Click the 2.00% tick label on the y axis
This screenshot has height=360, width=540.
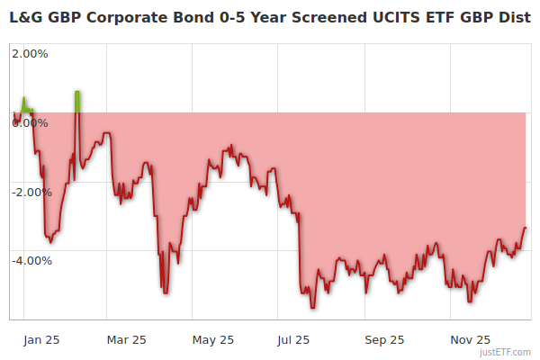[29, 53]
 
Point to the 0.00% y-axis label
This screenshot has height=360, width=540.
[29, 122]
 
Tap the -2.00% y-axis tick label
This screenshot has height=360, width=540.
[31, 192]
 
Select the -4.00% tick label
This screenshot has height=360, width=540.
[31, 261]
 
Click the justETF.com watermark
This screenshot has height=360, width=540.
[506, 353]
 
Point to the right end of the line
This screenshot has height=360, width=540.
[525, 228]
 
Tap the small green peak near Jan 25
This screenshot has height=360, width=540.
[24, 100]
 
